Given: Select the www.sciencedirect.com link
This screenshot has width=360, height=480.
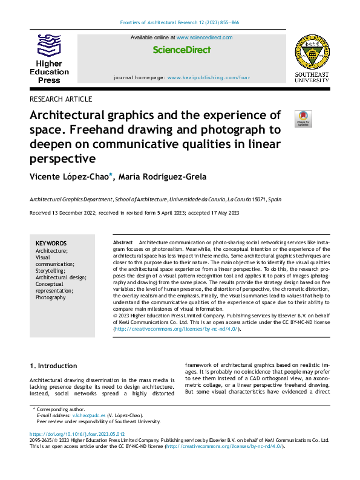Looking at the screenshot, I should [204, 37].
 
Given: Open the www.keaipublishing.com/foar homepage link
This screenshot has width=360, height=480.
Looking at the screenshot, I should [208, 78].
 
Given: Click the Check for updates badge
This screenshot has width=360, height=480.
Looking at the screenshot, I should [303, 118].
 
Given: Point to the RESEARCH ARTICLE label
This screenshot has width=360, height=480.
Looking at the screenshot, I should [61, 99].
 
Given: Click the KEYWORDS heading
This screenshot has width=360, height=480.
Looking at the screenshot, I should [51, 243].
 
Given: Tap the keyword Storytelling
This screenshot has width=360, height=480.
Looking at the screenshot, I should [50, 270].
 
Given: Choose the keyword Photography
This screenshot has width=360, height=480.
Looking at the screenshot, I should [51, 297].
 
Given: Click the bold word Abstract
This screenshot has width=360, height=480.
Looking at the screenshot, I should [123, 242].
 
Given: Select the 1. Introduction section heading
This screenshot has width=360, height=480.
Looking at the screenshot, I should [53, 366].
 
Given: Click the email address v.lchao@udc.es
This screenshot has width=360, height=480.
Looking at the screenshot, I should [90, 415].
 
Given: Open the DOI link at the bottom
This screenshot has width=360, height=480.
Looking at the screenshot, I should [77, 434].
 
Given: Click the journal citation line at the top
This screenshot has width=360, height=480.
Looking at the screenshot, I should [180, 22].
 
